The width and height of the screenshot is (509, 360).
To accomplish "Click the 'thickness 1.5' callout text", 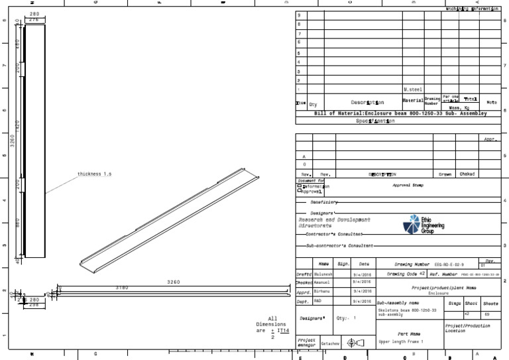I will coord(94,174).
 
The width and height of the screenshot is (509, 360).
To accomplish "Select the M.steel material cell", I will coord(412,89).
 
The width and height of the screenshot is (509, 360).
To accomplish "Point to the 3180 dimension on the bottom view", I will coord(122,288).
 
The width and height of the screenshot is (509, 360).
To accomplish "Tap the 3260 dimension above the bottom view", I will coord(173,282).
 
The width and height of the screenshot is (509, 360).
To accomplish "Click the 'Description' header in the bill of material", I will coord(367,102).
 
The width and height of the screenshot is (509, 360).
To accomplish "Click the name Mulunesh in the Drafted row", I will coord(321,273).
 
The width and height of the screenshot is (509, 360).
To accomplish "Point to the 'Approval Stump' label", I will coord(408,186).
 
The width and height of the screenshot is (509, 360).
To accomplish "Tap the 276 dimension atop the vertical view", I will coord(33,20).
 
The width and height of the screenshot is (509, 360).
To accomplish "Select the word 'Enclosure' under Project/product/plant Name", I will coord(438,292).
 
